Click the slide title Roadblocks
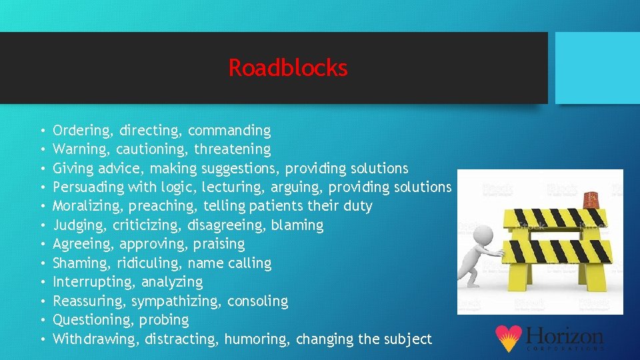288,67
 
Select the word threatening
233,149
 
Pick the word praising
219,244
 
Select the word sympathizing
177,301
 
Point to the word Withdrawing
93,339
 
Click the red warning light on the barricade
591,198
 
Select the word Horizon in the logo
564,335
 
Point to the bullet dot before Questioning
42,321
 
